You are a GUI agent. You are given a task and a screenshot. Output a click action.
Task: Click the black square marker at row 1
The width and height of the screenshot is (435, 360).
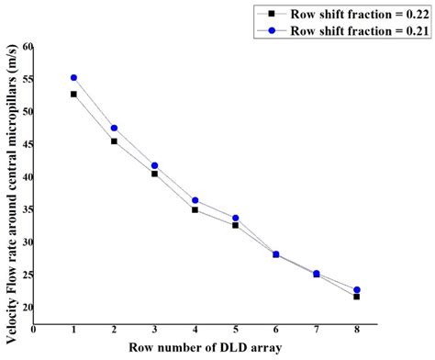(x=73, y=94)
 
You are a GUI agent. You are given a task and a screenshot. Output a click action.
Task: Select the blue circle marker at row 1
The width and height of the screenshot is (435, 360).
(x=73, y=78)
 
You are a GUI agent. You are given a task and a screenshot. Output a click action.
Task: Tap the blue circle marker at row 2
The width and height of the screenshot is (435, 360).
(x=114, y=128)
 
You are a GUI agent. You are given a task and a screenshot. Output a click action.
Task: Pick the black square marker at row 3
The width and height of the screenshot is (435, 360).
(x=154, y=174)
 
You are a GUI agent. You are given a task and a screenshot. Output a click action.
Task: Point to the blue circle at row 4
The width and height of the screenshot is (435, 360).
(x=195, y=200)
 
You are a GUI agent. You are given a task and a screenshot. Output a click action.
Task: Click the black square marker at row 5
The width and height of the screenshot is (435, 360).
(x=235, y=225)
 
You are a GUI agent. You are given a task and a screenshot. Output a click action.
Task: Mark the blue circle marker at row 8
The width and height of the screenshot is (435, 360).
(x=356, y=290)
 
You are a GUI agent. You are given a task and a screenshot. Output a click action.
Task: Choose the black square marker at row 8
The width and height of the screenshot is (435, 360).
(x=356, y=297)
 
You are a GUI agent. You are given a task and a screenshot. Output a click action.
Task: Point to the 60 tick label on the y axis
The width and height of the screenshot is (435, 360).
(x=27, y=46)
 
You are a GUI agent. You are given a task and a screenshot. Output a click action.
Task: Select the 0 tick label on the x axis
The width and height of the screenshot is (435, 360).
(x=34, y=328)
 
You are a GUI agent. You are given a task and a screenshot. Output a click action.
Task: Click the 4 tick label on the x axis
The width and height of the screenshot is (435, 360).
(x=195, y=328)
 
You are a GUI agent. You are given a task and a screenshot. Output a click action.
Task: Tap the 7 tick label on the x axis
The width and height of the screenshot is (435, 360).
(x=316, y=328)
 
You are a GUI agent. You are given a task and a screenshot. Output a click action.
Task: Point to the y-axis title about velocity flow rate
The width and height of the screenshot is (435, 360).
(x=9, y=184)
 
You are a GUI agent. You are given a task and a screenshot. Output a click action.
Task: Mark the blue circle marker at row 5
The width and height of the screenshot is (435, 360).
(x=235, y=218)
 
